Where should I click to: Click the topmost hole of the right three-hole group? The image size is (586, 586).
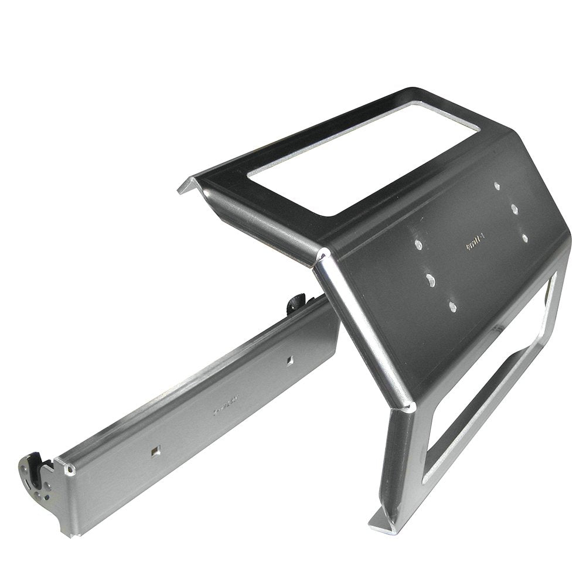tap(497, 186)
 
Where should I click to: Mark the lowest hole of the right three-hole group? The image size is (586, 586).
tap(524, 237)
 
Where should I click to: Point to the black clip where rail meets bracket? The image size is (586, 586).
tap(296, 302)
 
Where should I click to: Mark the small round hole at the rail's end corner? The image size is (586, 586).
tap(71, 470)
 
